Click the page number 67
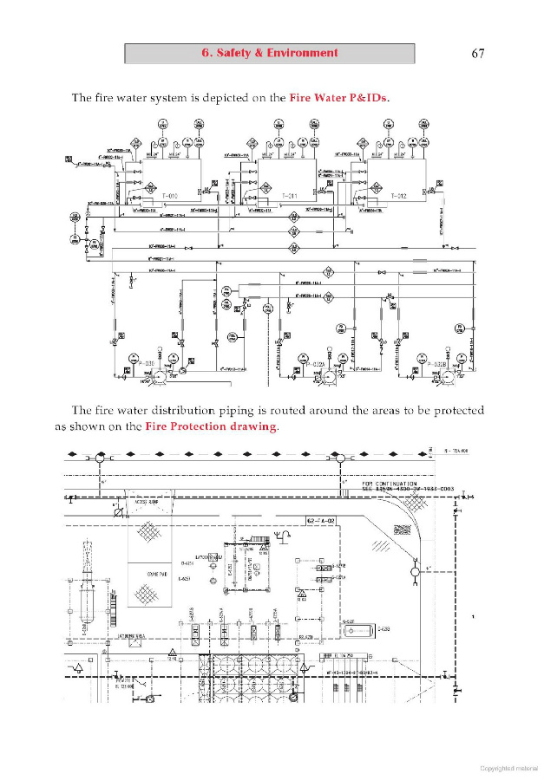[477, 54]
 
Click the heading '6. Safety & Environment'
[270, 53]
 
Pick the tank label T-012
[398, 197]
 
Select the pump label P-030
[144, 362]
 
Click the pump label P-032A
[314, 362]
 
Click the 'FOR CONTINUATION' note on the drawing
[390, 484]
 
